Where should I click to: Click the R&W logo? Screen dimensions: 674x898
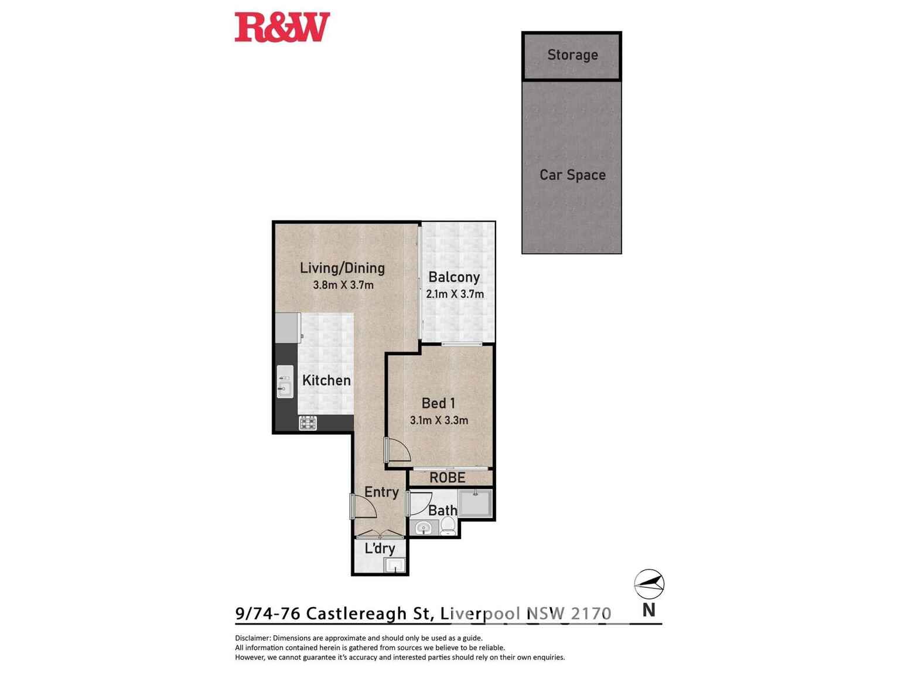pos(282,28)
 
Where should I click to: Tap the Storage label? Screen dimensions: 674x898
pos(572,55)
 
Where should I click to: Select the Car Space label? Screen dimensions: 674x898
pos(572,175)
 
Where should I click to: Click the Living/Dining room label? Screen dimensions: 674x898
pos(342,268)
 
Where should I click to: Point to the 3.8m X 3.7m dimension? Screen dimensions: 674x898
pos(343,285)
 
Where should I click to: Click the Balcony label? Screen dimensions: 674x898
pos(454,277)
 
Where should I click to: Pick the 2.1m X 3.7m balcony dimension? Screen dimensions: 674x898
pos(455,294)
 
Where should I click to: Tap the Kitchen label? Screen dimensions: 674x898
pos(326,380)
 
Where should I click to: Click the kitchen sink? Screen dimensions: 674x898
pos(285,382)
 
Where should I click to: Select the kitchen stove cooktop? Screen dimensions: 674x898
pos(308,423)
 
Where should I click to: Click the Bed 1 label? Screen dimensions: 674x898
pos(438,403)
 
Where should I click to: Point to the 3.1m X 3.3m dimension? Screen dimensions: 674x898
pos(439,420)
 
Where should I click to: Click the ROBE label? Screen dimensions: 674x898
pos(448,478)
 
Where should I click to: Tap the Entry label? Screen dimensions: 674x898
pos(381,492)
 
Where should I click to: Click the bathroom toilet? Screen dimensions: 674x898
pos(448,526)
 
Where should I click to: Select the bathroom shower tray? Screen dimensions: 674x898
pos(475,503)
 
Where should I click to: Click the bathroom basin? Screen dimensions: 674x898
pos(423,529)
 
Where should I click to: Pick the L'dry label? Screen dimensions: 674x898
pos(380,549)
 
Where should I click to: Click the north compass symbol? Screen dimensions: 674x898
pos(649,584)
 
